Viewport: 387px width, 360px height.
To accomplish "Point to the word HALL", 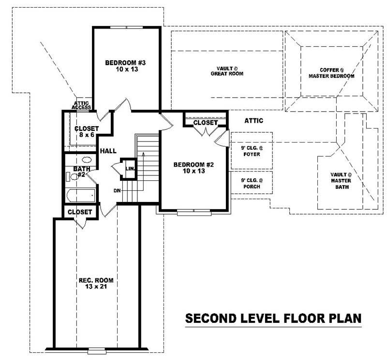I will tap(108, 151).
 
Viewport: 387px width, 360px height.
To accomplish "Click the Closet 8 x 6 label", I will tap(87, 132).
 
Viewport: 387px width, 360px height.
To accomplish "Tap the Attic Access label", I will tap(81, 105).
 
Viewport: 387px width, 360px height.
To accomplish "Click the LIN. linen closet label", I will tap(129, 169).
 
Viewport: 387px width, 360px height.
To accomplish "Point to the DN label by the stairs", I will tap(117, 190).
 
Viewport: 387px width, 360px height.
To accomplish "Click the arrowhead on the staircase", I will tap(143, 154).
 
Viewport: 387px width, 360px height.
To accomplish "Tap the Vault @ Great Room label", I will tap(226, 71).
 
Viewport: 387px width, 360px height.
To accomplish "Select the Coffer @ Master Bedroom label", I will tap(331, 73).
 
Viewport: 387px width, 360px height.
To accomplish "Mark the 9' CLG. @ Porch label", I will tap(251, 184).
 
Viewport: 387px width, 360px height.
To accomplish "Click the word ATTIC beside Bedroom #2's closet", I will tap(253, 120).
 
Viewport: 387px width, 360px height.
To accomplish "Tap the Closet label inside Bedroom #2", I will tap(206, 123).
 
